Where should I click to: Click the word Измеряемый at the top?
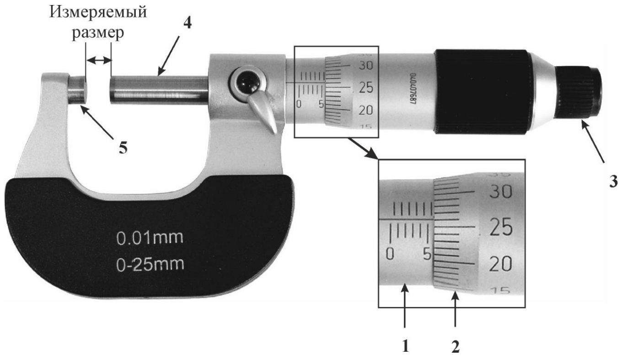[98, 13]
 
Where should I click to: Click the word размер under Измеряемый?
[98, 33]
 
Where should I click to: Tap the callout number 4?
[188, 23]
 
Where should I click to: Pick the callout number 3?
[613, 182]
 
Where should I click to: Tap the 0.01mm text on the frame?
[150, 238]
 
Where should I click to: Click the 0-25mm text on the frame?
[150, 264]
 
